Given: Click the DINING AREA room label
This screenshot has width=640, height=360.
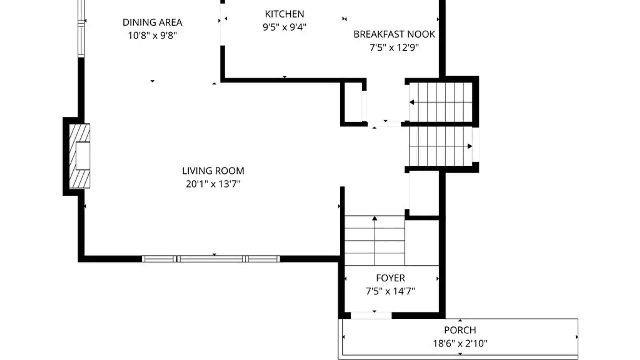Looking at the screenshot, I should [152, 22].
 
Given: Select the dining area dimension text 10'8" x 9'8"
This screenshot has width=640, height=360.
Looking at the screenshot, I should [152, 35].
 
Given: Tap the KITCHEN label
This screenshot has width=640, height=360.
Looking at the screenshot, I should [284, 14].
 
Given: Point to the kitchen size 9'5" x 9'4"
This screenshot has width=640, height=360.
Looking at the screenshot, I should [284, 27].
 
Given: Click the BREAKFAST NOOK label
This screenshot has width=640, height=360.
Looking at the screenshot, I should [394, 34].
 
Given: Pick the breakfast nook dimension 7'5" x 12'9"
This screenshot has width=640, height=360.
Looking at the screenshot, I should [394, 47].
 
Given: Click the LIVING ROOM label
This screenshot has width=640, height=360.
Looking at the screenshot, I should [213, 171].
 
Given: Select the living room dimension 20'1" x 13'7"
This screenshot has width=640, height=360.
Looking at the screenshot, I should [213, 184].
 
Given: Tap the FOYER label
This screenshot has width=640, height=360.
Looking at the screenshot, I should [390, 278].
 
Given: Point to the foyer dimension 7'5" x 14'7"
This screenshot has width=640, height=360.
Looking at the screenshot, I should [390, 291].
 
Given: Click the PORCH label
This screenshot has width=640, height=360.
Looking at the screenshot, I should [460, 330].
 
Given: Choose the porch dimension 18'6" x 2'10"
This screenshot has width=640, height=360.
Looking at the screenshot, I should [460, 343].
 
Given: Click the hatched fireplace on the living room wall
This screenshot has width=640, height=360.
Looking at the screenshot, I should [79, 156].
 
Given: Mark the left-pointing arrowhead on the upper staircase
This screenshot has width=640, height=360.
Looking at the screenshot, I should [412, 102].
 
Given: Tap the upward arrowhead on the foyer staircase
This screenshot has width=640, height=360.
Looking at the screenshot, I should [375, 218].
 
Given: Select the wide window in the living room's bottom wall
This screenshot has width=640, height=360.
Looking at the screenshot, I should [211, 259].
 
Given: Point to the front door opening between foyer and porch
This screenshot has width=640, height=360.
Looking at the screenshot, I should [371, 315].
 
